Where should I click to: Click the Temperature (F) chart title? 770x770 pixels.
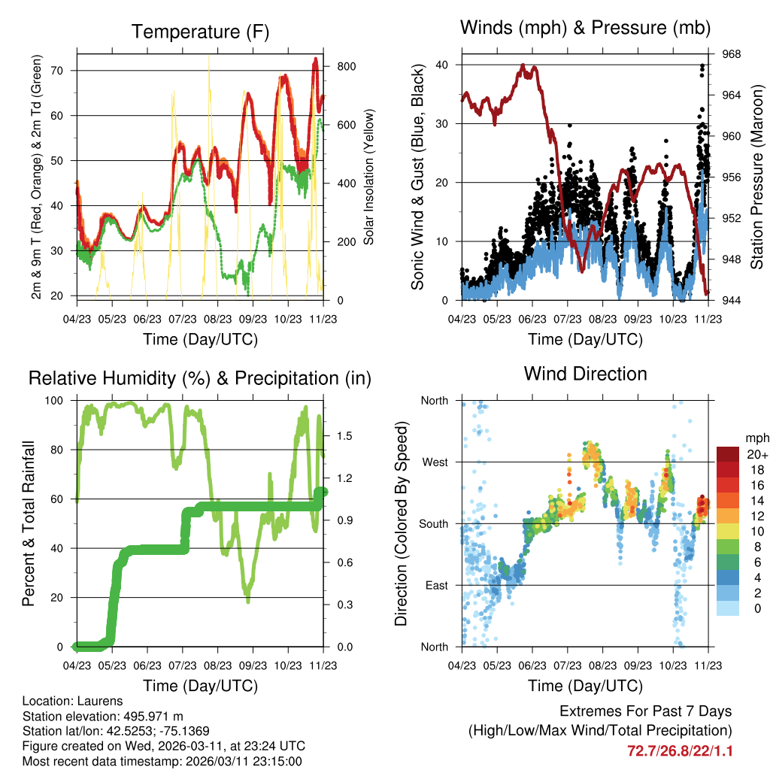tap(200, 32)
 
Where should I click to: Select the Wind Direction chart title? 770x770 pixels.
tap(585, 373)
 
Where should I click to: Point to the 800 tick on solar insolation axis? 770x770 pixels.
tap(347, 66)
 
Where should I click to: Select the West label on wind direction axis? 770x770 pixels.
tap(434, 462)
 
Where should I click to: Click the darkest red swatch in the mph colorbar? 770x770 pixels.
tap(727, 453)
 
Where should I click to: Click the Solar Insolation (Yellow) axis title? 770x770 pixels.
tap(369, 177)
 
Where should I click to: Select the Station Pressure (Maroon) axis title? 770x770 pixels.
tap(757, 177)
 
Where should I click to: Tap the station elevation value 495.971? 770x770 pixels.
tap(144, 716)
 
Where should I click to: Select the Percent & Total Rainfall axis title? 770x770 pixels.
tap(29, 524)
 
